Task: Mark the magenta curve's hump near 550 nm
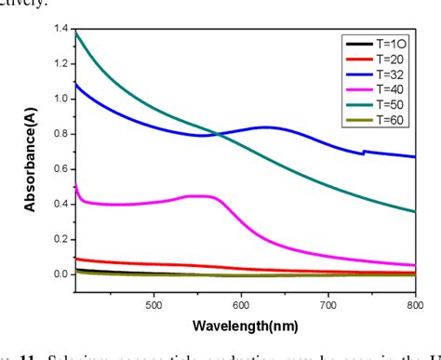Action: click(x=200, y=195)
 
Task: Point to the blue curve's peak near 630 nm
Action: click(x=267, y=127)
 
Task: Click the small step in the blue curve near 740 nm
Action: click(x=363, y=152)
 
